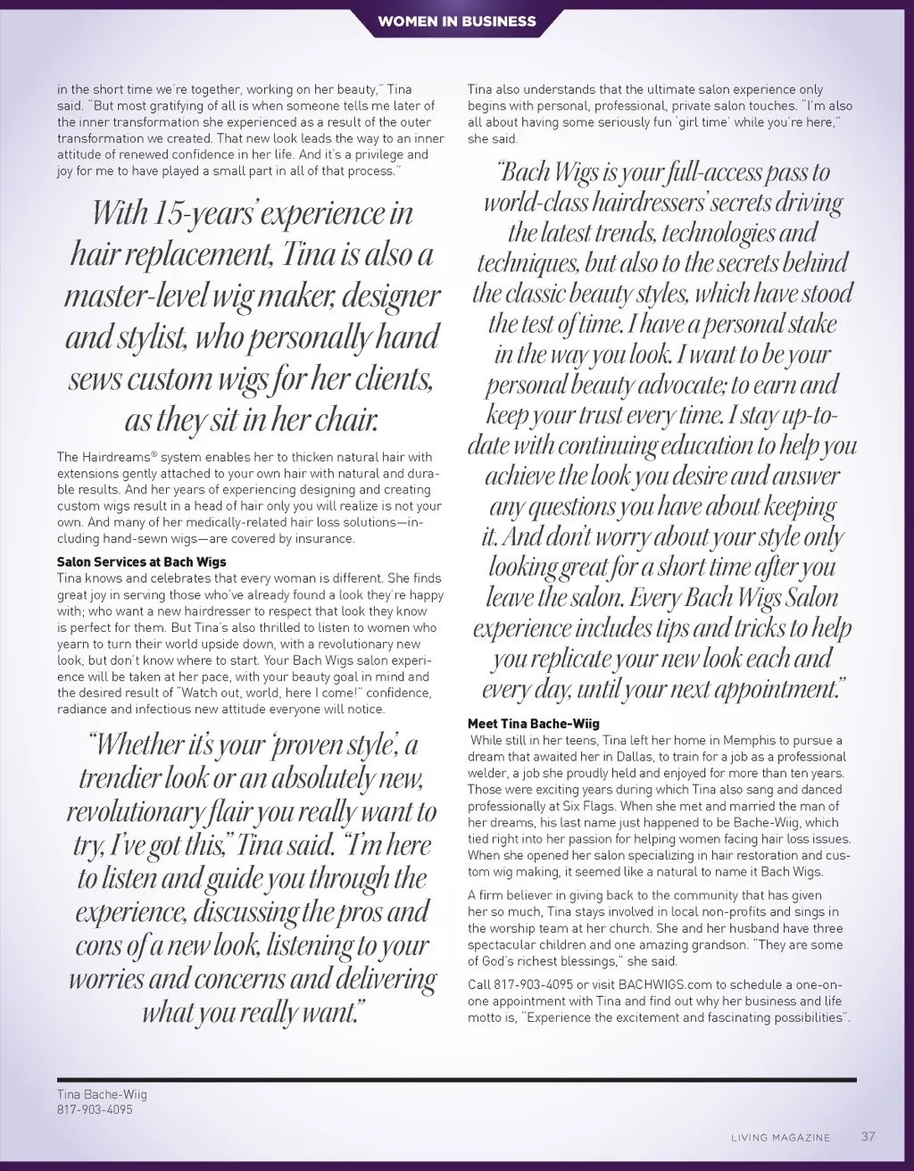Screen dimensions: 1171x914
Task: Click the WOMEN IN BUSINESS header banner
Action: tap(456, 21)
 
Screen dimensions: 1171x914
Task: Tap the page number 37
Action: tap(868, 1136)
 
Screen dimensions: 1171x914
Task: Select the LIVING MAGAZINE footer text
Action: tap(780, 1137)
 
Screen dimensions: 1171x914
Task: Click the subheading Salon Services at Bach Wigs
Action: tap(141, 562)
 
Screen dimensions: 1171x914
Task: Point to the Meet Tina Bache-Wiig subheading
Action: tap(533, 724)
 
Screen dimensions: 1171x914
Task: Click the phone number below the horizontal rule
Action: tap(95, 1109)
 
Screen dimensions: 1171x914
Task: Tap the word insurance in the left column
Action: tap(326, 539)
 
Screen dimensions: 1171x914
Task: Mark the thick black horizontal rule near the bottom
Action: tap(456, 1079)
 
